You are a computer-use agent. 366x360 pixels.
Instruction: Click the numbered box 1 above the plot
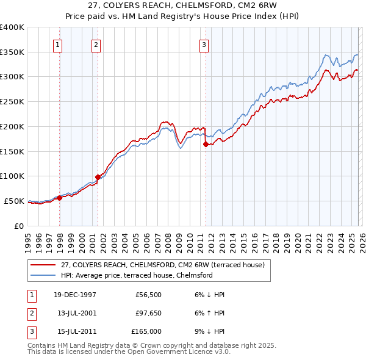coord(57,44)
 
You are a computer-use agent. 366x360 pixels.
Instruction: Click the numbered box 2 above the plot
coord(96,44)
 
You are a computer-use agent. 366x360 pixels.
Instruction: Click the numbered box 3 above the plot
coord(204,44)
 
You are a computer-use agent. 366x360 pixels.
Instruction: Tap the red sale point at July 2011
coord(206,144)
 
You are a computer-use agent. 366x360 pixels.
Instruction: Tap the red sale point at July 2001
coord(98,178)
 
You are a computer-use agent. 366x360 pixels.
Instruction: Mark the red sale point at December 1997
coord(60,198)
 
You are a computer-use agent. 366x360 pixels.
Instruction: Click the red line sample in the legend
coord(43,265)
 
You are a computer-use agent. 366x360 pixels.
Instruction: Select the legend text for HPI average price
coord(136,275)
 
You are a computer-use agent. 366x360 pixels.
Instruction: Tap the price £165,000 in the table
coord(146,331)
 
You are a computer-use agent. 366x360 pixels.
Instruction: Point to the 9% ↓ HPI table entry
coord(209,331)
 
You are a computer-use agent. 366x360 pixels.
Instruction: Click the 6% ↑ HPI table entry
coord(209,313)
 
